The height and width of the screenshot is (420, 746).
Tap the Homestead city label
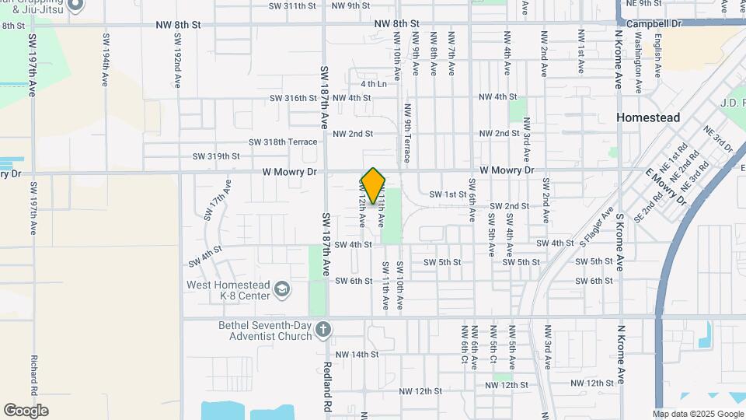648,117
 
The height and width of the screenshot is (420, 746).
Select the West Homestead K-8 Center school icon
282,290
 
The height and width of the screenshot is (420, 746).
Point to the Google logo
26,410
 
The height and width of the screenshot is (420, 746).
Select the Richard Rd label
34,376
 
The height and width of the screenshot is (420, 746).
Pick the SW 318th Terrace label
283,142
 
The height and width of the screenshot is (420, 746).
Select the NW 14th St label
354,354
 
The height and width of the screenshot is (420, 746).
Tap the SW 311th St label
292,6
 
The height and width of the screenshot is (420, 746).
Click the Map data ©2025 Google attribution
698,414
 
